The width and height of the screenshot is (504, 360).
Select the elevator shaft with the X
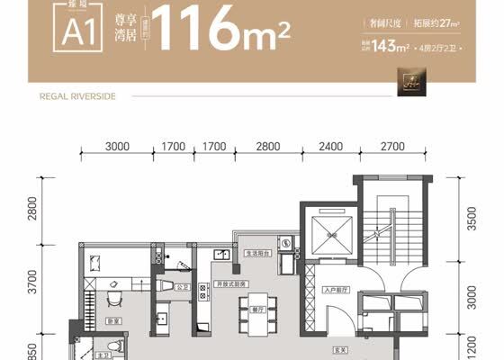[x=328, y=236]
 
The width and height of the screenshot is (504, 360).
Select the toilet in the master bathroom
[x=112, y=346]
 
